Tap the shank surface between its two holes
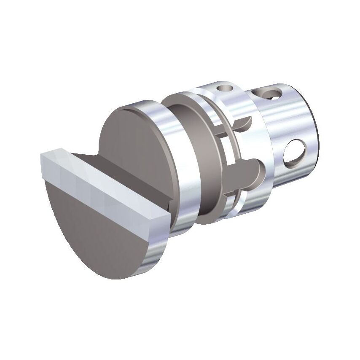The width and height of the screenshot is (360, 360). pyautogui.click(x=291, y=122)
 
